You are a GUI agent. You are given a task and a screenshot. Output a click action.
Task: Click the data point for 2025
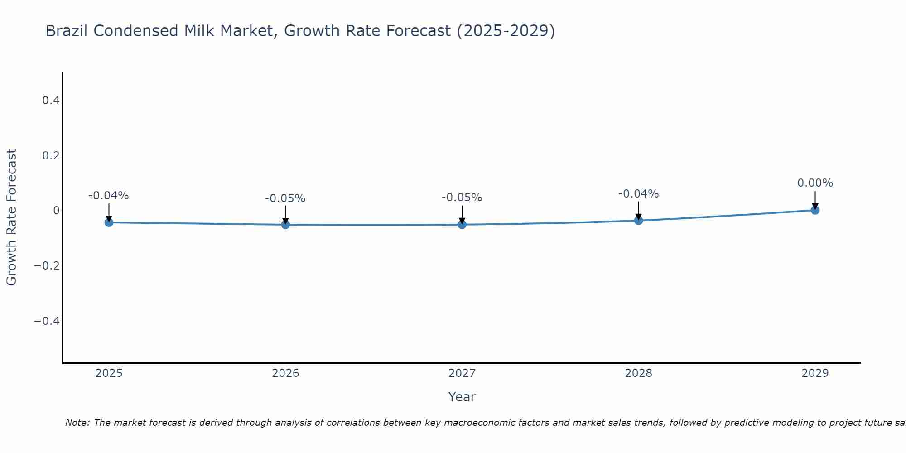[109, 222]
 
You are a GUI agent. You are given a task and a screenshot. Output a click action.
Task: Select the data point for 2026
[285, 225]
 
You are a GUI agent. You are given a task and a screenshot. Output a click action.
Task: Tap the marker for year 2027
[462, 225]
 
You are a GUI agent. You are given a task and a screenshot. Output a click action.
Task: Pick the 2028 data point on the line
[639, 221]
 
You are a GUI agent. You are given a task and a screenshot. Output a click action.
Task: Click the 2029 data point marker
[815, 210]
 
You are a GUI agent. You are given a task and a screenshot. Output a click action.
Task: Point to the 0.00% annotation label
[815, 183]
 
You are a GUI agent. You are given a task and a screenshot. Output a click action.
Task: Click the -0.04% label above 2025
[109, 196]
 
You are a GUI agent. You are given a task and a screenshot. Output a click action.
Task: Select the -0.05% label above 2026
[285, 198]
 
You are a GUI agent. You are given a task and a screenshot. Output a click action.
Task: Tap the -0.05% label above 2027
[462, 198]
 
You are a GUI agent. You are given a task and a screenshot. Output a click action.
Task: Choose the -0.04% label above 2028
[639, 194]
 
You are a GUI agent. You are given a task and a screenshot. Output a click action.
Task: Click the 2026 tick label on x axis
[285, 373]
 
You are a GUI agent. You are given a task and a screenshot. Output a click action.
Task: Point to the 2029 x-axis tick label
[815, 373]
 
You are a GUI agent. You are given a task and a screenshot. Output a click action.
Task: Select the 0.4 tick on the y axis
[51, 101]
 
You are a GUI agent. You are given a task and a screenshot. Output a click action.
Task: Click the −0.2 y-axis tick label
[47, 265]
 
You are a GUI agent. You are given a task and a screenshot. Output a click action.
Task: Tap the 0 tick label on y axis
[56, 211]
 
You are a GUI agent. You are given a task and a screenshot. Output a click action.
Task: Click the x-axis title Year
[462, 397]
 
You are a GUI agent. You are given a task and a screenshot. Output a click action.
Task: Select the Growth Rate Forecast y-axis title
[11, 217]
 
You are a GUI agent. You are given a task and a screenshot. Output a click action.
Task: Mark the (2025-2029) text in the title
[506, 31]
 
